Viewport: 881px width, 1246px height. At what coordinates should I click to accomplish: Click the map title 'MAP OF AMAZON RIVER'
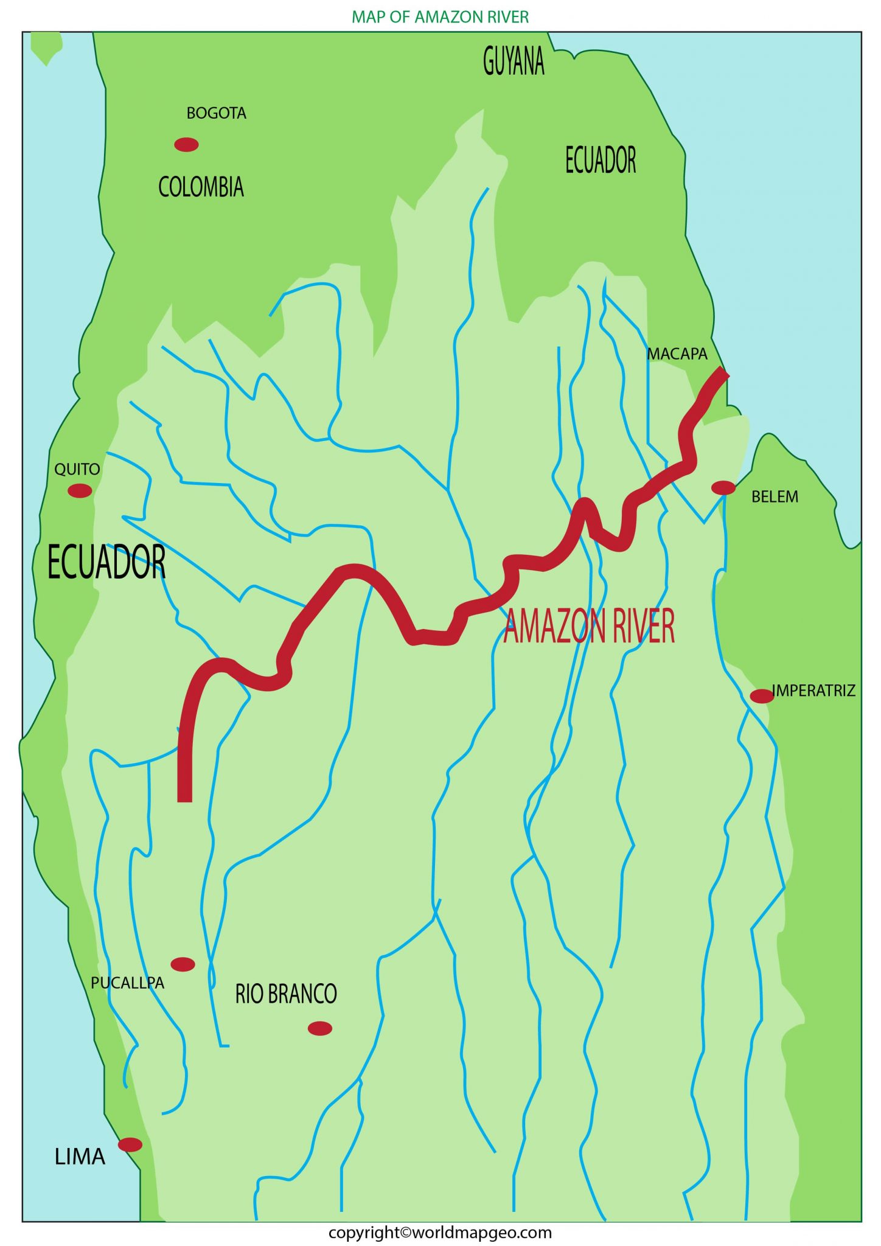pyautogui.click(x=440, y=17)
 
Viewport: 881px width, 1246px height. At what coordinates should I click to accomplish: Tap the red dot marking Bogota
pyautogui.click(x=186, y=144)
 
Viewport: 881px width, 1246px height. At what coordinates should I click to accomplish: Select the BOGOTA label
pyautogui.click(x=216, y=113)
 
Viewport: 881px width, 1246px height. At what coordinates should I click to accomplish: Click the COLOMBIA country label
pyautogui.click(x=201, y=187)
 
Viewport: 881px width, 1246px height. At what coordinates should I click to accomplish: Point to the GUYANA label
pyautogui.click(x=514, y=61)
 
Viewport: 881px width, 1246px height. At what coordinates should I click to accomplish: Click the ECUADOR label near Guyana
pyautogui.click(x=601, y=160)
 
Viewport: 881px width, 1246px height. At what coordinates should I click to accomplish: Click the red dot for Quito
pyautogui.click(x=80, y=490)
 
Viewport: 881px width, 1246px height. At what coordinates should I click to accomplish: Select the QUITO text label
pyautogui.click(x=77, y=469)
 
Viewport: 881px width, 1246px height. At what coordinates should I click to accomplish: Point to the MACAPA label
pyautogui.click(x=677, y=353)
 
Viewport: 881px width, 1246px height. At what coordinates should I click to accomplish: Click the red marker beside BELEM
pyautogui.click(x=723, y=487)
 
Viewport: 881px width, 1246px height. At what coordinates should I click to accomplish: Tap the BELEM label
pyautogui.click(x=775, y=496)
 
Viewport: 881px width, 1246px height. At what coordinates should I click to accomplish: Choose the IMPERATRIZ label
pyautogui.click(x=813, y=691)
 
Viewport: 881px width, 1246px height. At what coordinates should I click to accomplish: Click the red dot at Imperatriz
pyautogui.click(x=761, y=696)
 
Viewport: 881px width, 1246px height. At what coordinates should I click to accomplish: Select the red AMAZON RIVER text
pyautogui.click(x=589, y=627)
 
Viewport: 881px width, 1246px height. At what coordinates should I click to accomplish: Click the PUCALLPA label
pyautogui.click(x=127, y=983)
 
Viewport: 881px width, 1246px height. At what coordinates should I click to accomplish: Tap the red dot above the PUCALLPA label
pyautogui.click(x=183, y=964)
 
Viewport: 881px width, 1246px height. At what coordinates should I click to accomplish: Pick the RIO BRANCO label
pyautogui.click(x=286, y=994)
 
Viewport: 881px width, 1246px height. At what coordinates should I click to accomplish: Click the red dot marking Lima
pyautogui.click(x=130, y=1144)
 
